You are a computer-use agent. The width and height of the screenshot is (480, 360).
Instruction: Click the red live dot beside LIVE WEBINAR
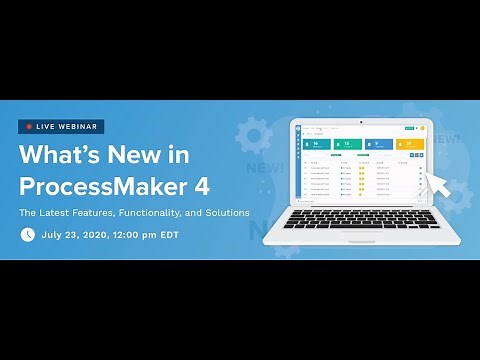coord(29,127)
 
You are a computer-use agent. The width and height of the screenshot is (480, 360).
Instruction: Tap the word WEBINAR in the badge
coord(79,127)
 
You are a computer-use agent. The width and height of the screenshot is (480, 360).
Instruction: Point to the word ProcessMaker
coord(110,186)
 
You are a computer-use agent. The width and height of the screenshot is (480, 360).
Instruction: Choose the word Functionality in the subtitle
coord(165,212)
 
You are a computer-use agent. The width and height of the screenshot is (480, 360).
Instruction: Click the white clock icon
coord(28,234)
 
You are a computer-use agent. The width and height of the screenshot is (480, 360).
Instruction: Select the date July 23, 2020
coord(78,234)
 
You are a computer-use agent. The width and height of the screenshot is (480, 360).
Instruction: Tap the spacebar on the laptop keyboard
coord(361,223)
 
